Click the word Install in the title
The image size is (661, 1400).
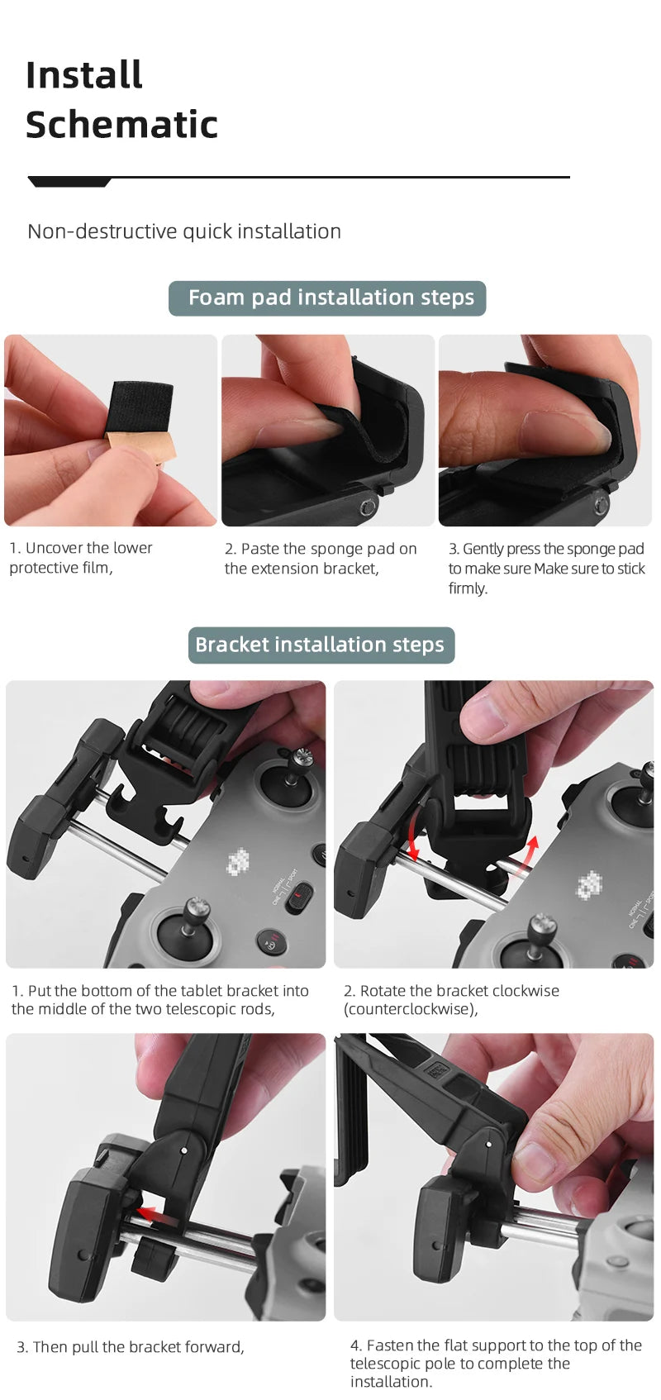[84, 75]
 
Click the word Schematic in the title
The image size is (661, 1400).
[121, 125]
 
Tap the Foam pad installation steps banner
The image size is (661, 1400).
[327, 298]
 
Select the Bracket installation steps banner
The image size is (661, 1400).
[321, 645]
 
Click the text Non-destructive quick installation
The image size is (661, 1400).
[184, 231]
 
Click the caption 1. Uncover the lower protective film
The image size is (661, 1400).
[81, 558]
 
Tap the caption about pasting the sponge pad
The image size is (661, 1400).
[321, 559]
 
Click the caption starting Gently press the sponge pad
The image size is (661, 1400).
[546, 568]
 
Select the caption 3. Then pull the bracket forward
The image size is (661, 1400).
[131, 1347]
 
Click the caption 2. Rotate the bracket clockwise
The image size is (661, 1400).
[451, 999]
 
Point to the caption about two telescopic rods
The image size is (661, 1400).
[160, 999]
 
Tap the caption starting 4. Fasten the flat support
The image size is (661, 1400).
[496, 1363]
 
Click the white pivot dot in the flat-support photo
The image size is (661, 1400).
[488, 1145]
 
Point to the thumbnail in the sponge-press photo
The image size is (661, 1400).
[562, 429]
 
